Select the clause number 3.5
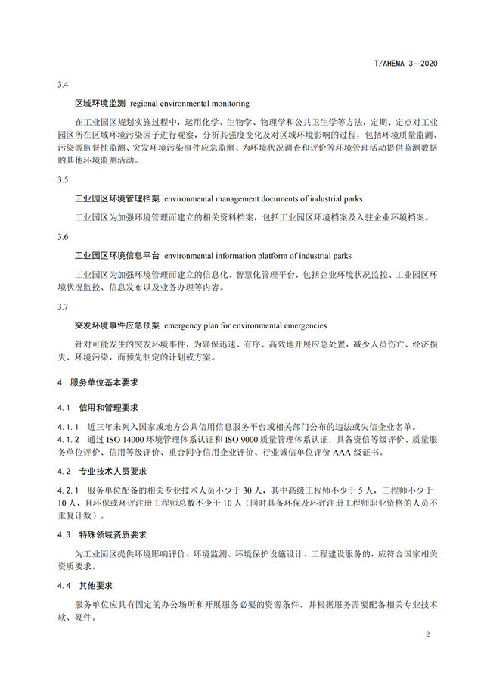[x=63, y=180]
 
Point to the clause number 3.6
[x=63, y=238]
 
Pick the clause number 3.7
[x=63, y=307]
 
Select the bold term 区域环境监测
[x=101, y=103]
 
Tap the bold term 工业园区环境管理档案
[x=116, y=198]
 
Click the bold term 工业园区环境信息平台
[x=116, y=256]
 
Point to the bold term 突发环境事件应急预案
[x=116, y=325]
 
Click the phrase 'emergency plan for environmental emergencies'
[x=245, y=325]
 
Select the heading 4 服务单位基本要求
[x=94, y=383]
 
